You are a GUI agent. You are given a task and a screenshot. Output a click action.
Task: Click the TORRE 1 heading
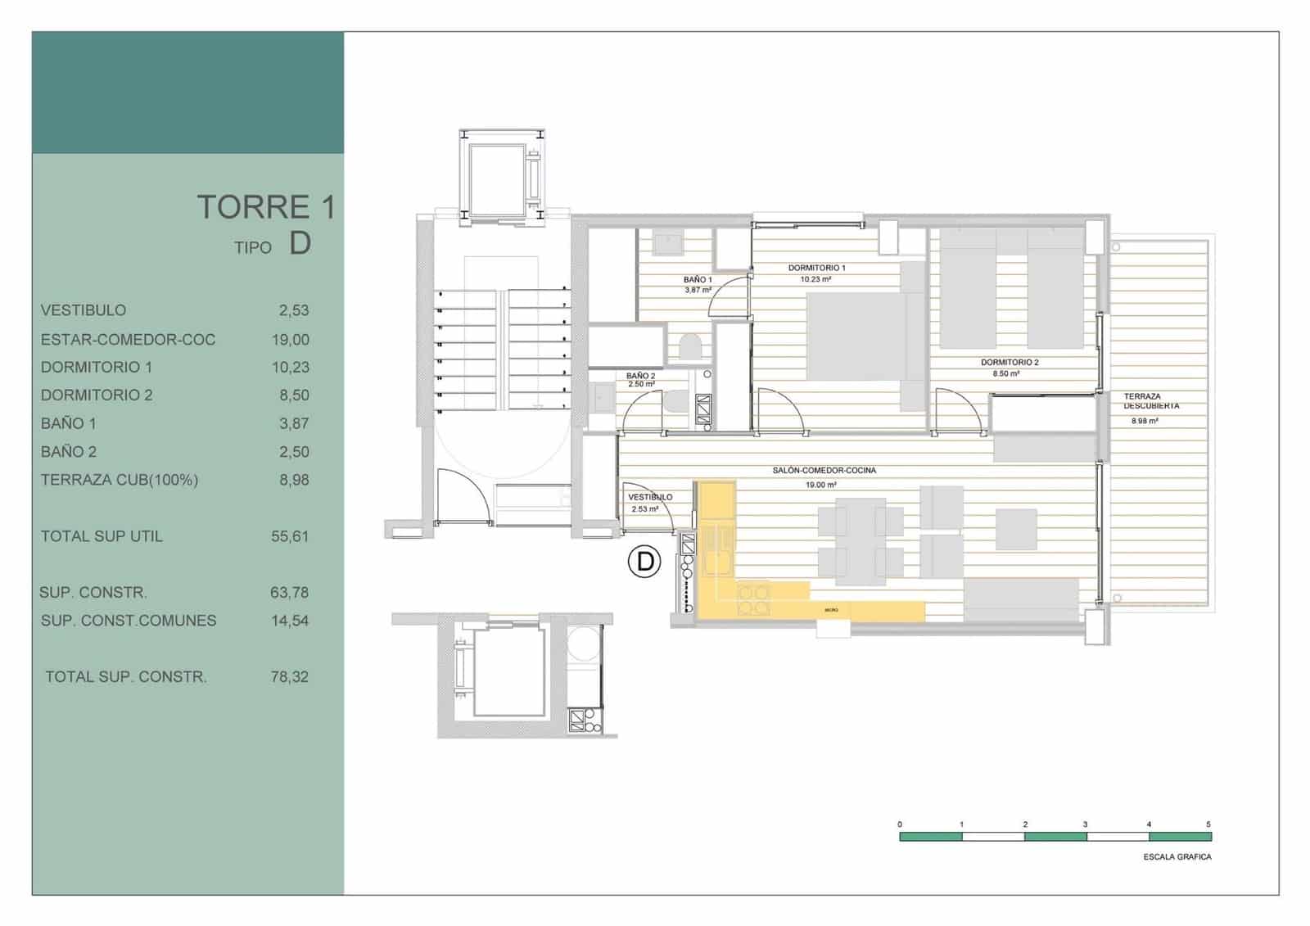pyautogui.click(x=266, y=206)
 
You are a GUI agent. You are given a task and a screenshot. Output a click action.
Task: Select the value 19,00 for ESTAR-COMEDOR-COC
pyautogui.click(x=291, y=339)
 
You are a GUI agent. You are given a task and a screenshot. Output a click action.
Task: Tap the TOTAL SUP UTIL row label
pyautogui.click(x=102, y=536)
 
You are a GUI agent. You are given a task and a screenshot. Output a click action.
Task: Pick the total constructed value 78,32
pyautogui.click(x=290, y=677)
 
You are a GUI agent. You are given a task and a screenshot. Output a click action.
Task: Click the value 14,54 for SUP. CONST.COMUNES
pyautogui.click(x=290, y=621)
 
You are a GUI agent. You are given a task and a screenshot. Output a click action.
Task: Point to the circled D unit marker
pyautogui.click(x=644, y=562)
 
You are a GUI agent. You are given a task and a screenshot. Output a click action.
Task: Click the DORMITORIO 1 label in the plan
pyautogui.click(x=816, y=268)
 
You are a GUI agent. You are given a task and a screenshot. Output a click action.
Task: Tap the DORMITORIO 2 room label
pyautogui.click(x=1010, y=362)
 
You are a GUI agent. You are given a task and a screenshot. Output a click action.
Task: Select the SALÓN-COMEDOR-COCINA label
pyautogui.click(x=824, y=471)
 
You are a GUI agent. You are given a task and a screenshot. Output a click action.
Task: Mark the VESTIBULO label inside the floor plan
pyautogui.click(x=650, y=497)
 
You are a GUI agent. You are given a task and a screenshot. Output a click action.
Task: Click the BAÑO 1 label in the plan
pyautogui.click(x=698, y=280)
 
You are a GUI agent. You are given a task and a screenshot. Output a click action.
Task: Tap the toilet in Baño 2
pyautogui.click(x=677, y=404)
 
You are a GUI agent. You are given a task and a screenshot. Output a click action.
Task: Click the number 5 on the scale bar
pyautogui.click(x=1208, y=824)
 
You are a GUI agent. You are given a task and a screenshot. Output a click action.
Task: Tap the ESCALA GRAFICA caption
pyautogui.click(x=1177, y=857)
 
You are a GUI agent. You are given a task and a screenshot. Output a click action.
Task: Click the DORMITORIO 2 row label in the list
pyautogui.click(x=97, y=395)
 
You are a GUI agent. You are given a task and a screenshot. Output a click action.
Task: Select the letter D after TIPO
pyautogui.click(x=300, y=243)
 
